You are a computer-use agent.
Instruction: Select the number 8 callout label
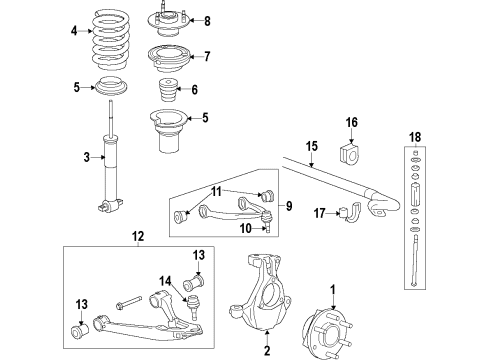pyautogui.click(x=207, y=21)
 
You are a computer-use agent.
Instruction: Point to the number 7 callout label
pyautogui.click(x=207, y=56)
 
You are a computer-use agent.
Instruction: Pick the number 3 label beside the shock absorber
pyautogui.click(x=88, y=156)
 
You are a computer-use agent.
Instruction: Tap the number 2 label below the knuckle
pyautogui.click(x=267, y=350)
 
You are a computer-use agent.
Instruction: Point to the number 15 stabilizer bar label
pyautogui.click(x=311, y=146)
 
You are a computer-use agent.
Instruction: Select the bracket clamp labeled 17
pyautogui.click(x=352, y=212)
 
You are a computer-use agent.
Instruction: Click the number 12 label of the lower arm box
pyautogui.click(x=138, y=237)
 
